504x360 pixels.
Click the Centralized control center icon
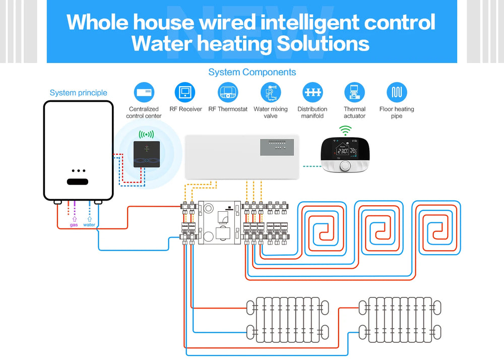(x=144, y=93)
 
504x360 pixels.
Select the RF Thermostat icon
(x=228, y=93)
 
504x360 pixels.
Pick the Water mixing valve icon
(x=271, y=93)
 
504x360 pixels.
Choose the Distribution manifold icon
(x=312, y=93)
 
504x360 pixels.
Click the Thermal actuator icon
(x=354, y=93)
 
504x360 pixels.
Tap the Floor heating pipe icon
(x=397, y=93)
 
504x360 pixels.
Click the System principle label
(x=78, y=93)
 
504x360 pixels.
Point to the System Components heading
(x=252, y=72)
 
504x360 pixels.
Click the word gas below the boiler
(x=74, y=225)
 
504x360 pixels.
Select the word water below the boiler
(x=89, y=225)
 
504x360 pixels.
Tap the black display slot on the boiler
(x=78, y=182)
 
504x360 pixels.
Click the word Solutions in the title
(x=323, y=44)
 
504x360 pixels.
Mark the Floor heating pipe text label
(x=397, y=112)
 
